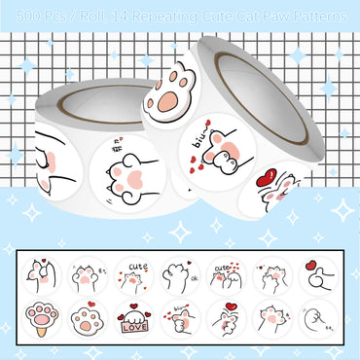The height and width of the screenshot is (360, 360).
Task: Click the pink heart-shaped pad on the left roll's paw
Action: tap(128, 172)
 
